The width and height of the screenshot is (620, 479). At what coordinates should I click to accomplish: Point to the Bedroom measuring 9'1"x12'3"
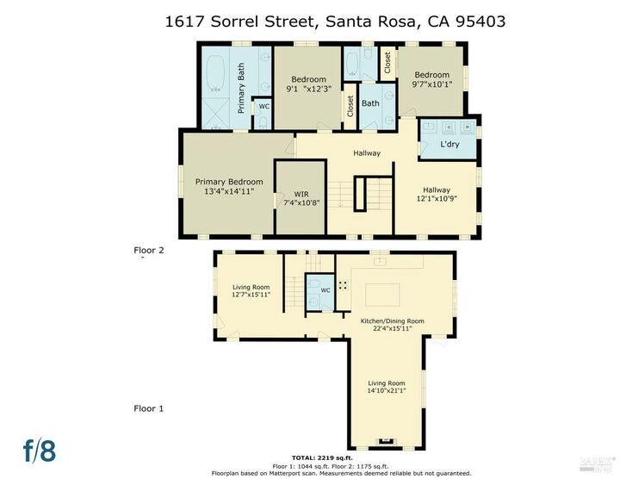click(x=308, y=83)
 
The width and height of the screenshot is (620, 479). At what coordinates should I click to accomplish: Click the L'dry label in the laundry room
click(x=449, y=144)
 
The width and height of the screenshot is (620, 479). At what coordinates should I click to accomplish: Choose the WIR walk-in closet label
click(x=301, y=196)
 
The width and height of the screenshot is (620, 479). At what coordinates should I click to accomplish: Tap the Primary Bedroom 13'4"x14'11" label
click(x=228, y=186)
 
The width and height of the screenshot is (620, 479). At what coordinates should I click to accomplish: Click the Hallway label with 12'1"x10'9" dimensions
click(x=436, y=195)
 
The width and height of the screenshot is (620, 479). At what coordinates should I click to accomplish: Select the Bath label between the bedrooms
click(x=370, y=103)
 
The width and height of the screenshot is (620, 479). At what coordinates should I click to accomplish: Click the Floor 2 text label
click(x=148, y=252)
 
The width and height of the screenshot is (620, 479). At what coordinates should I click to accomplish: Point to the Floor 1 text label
click(x=148, y=407)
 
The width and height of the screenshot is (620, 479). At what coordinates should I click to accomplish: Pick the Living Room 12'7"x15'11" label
click(x=251, y=291)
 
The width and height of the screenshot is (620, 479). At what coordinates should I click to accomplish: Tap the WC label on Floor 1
click(x=325, y=290)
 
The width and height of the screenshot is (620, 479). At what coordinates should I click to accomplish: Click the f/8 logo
click(x=40, y=449)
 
